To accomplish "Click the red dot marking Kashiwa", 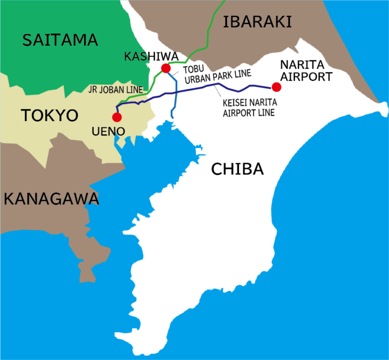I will coord(165,68).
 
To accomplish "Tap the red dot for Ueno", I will coord(117,117).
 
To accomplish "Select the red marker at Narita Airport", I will coord(276,87).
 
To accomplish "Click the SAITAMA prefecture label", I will coord(59,40).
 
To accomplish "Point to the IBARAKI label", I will coord(258,21).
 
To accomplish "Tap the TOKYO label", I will coord(50,115).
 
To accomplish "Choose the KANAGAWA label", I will coord(51,198).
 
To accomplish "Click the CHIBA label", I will coord(238,169).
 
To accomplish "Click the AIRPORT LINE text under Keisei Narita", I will coord(249,113).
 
